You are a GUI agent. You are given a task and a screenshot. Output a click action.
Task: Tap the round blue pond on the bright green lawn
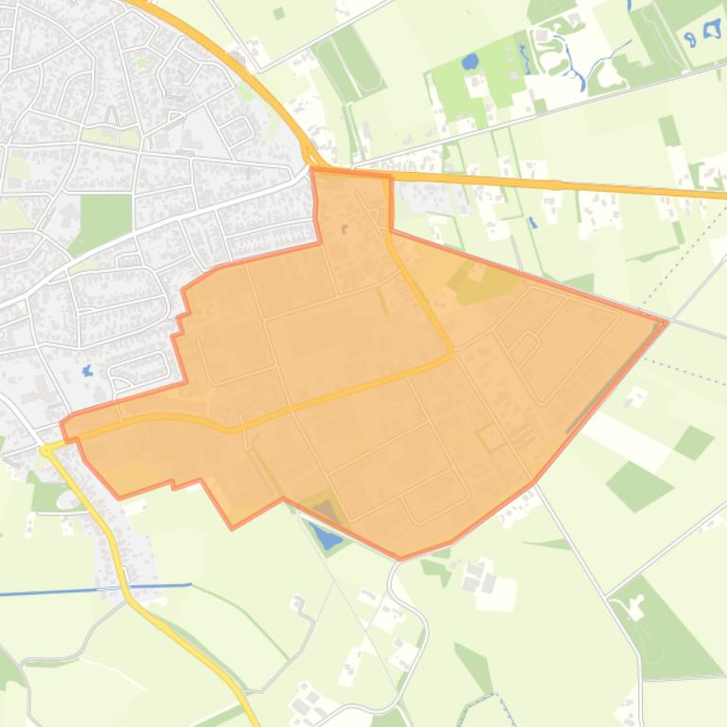(x=469, y=62)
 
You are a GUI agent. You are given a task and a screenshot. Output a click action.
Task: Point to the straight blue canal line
(x=94, y=590)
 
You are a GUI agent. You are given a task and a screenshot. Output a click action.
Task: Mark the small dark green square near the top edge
(x=279, y=13)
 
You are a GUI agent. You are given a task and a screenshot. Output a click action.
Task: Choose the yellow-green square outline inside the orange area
(x=491, y=436)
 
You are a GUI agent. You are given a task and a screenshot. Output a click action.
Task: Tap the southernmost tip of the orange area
(x=401, y=558)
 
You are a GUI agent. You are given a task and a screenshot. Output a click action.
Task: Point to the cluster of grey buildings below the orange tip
(x=477, y=576)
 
